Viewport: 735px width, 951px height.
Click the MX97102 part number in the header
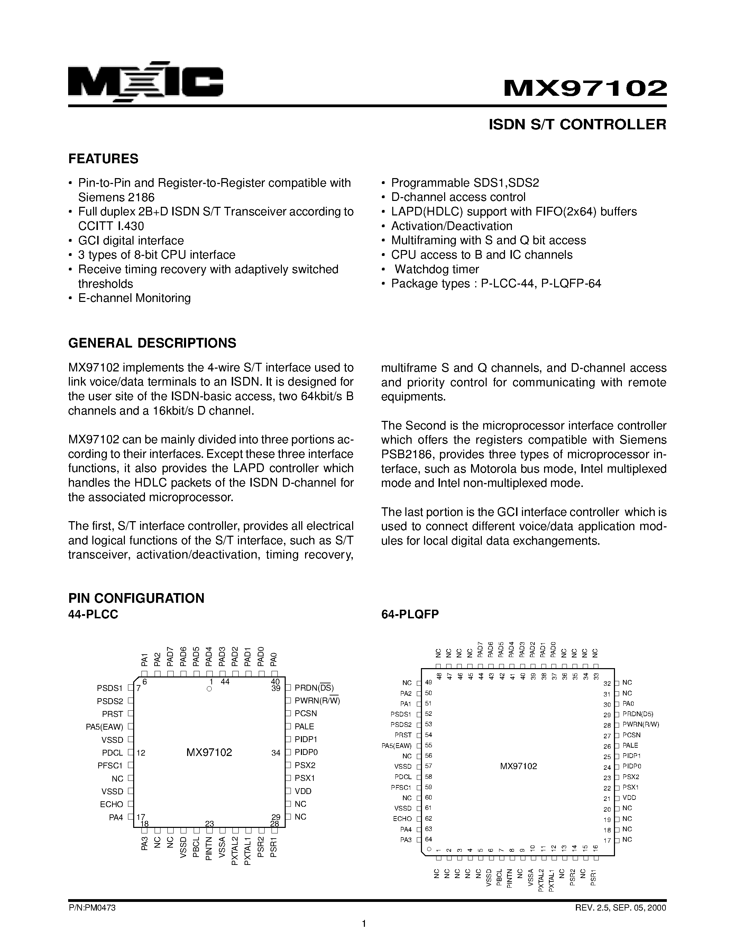(585, 89)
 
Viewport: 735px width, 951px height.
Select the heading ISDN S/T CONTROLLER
(577, 124)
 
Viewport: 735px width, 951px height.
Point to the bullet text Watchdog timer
(437, 269)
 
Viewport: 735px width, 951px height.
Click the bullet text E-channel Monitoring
(134, 298)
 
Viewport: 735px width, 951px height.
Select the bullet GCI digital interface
(131, 240)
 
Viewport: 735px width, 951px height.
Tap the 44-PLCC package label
(93, 615)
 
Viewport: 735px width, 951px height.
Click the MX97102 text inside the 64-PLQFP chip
(518, 766)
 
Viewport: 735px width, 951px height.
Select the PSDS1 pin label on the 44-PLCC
(110, 689)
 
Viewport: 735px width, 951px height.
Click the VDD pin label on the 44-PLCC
(303, 791)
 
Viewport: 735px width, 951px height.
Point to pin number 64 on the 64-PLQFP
(429, 839)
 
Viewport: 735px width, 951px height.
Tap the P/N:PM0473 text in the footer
(92, 908)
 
